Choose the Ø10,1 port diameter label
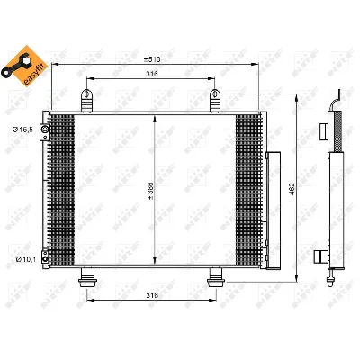(x=22, y=259)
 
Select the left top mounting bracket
(x=88, y=97)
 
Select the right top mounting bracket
(x=215, y=97)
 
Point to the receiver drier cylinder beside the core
(x=273, y=211)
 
